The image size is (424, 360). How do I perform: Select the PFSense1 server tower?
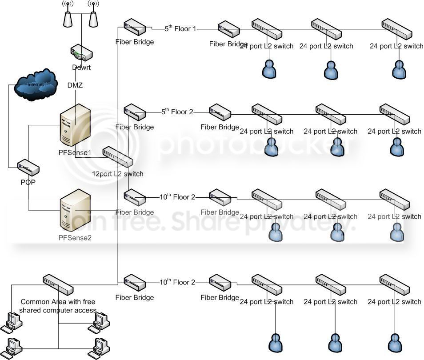(75, 125)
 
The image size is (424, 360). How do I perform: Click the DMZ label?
(75, 85)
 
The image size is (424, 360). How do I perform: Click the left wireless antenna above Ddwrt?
(68, 16)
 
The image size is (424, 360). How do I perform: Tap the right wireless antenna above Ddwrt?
(93, 16)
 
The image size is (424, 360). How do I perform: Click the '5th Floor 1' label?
(180, 29)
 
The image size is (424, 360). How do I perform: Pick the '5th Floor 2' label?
(177, 112)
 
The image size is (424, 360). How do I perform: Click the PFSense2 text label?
(75, 238)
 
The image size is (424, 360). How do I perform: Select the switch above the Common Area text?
(58, 285)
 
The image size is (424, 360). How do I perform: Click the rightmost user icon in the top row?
(399, 69)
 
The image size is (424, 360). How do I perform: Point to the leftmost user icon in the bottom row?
(276, 343)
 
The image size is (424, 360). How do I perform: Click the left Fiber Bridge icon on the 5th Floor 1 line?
(135, 27)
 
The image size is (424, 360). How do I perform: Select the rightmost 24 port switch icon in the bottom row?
(394, 285)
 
